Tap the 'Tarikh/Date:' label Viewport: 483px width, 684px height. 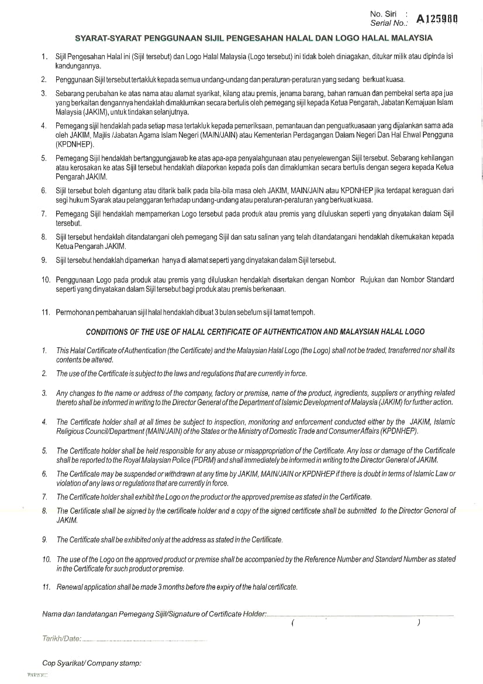(x=61, y=638)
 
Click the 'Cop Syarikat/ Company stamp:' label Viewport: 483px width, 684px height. (x=92, y=664)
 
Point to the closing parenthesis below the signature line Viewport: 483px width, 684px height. (x=419, y=623)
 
